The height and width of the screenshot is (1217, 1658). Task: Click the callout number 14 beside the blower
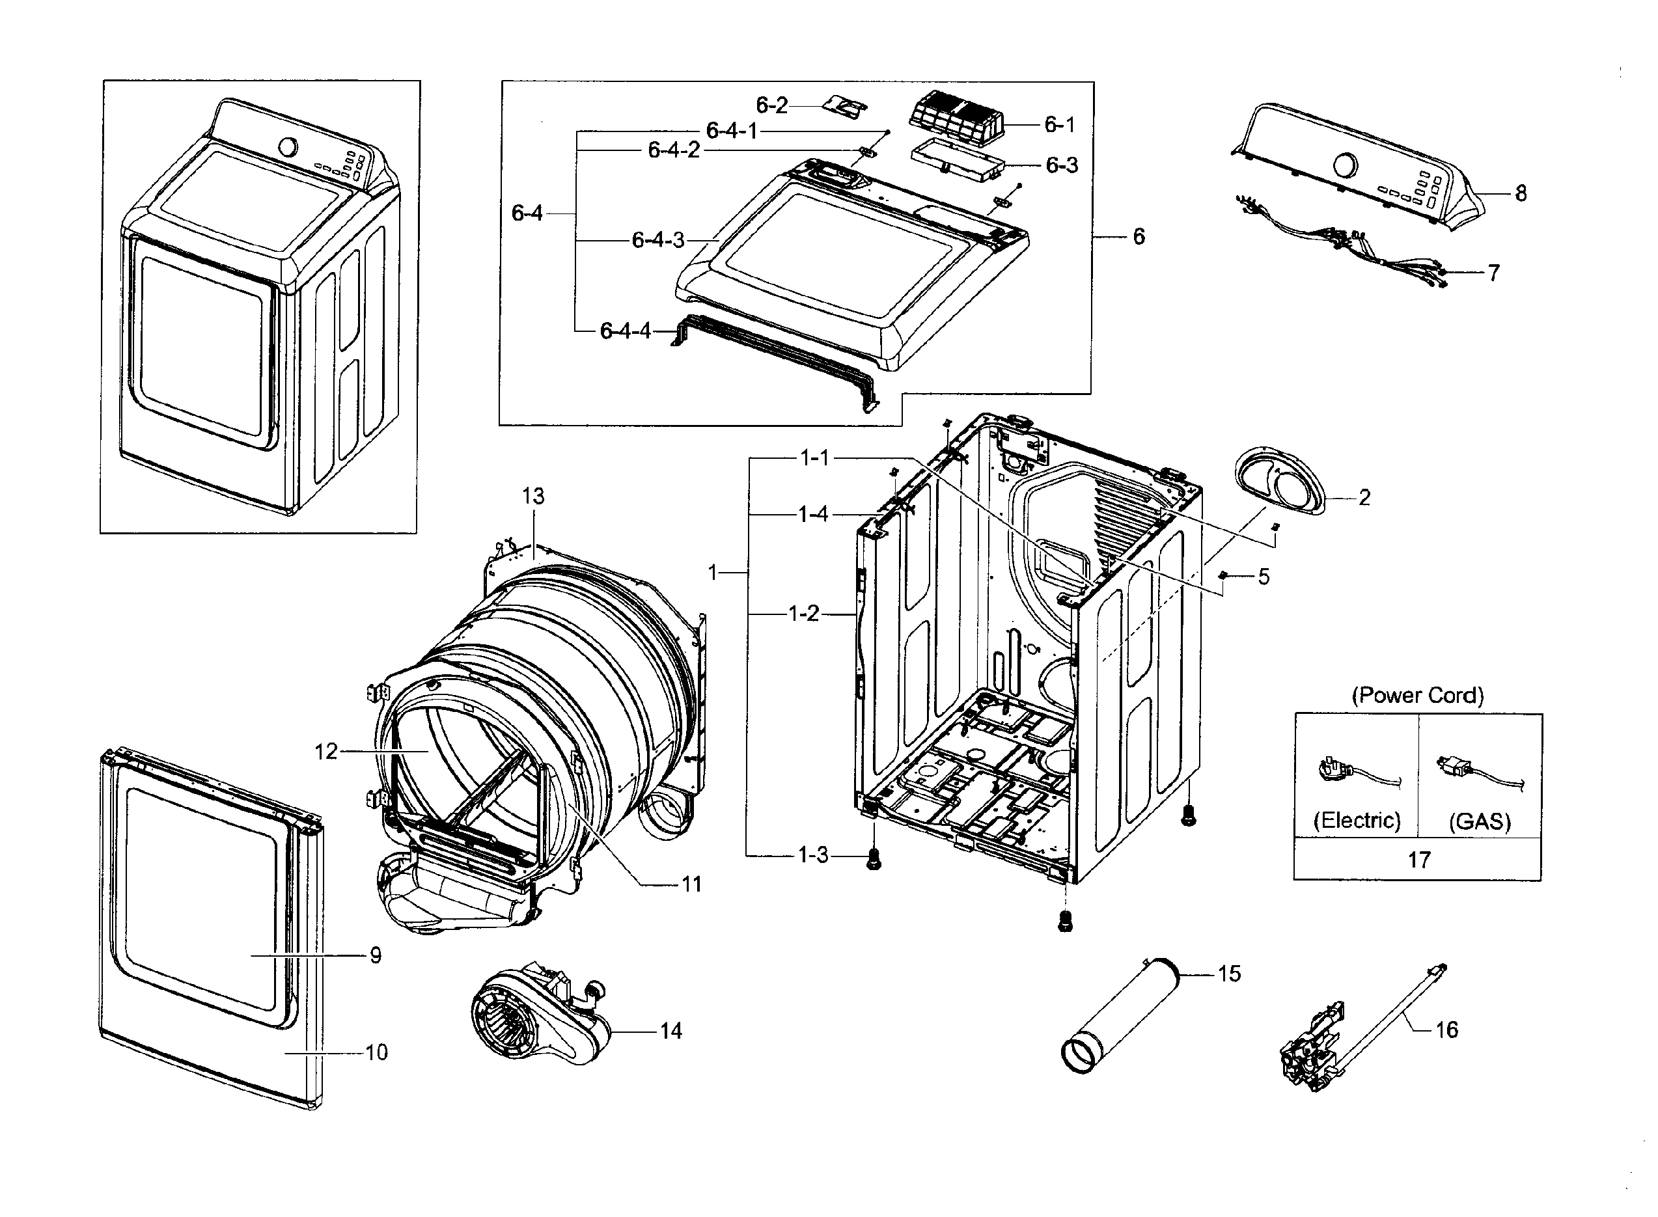[670, 1031]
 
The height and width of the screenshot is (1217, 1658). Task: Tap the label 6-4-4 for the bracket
[625, 331]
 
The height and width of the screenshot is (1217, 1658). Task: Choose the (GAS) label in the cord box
[1480, 821]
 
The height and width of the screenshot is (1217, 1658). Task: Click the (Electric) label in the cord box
[1357, 820]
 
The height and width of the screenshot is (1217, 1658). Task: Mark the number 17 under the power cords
[1418, 860]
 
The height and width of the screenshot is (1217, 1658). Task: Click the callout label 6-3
[1062, 165]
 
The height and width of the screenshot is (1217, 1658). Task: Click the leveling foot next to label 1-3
[873, 859]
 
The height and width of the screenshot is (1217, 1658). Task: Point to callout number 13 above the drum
[534, 496]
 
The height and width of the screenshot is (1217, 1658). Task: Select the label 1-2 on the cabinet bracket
[803, 613]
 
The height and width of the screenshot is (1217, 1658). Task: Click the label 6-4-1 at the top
[731, 130]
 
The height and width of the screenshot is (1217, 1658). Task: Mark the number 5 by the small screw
[1264, 576]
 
